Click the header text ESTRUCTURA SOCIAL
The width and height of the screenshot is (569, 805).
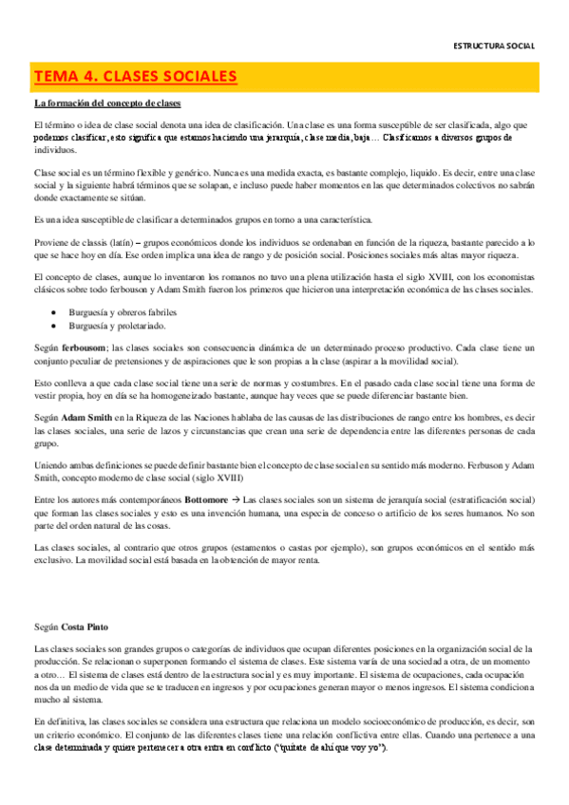tap(494, 45)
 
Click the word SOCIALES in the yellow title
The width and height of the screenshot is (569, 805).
tap(190, 75)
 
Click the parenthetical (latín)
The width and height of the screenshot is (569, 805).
tap(129, 243)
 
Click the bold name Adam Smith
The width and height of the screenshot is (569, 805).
tap(86, 416)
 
